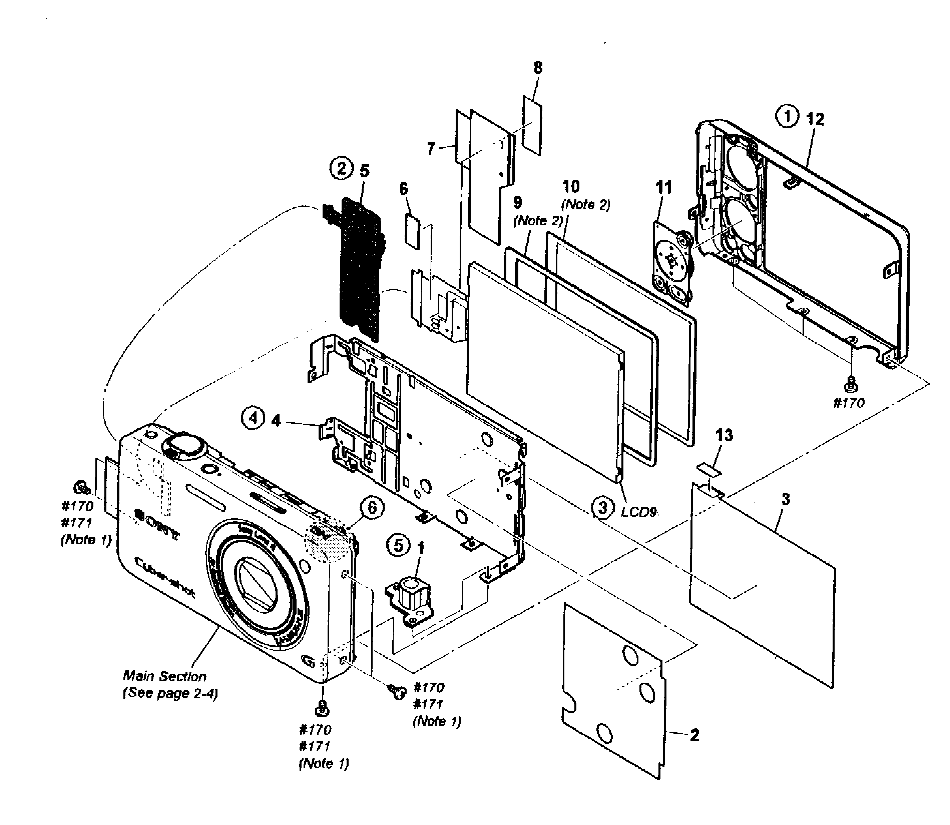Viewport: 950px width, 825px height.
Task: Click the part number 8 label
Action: coord(538,68)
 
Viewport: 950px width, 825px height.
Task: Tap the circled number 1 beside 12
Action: coord(787,116)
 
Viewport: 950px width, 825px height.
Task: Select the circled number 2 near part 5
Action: coord(341,168)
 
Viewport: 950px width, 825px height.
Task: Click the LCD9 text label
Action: coord(638,512)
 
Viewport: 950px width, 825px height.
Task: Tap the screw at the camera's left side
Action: coord(81,486)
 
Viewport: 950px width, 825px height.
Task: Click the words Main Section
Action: coord(164,676)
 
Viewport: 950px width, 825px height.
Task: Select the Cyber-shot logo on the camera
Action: coord(165,577)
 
